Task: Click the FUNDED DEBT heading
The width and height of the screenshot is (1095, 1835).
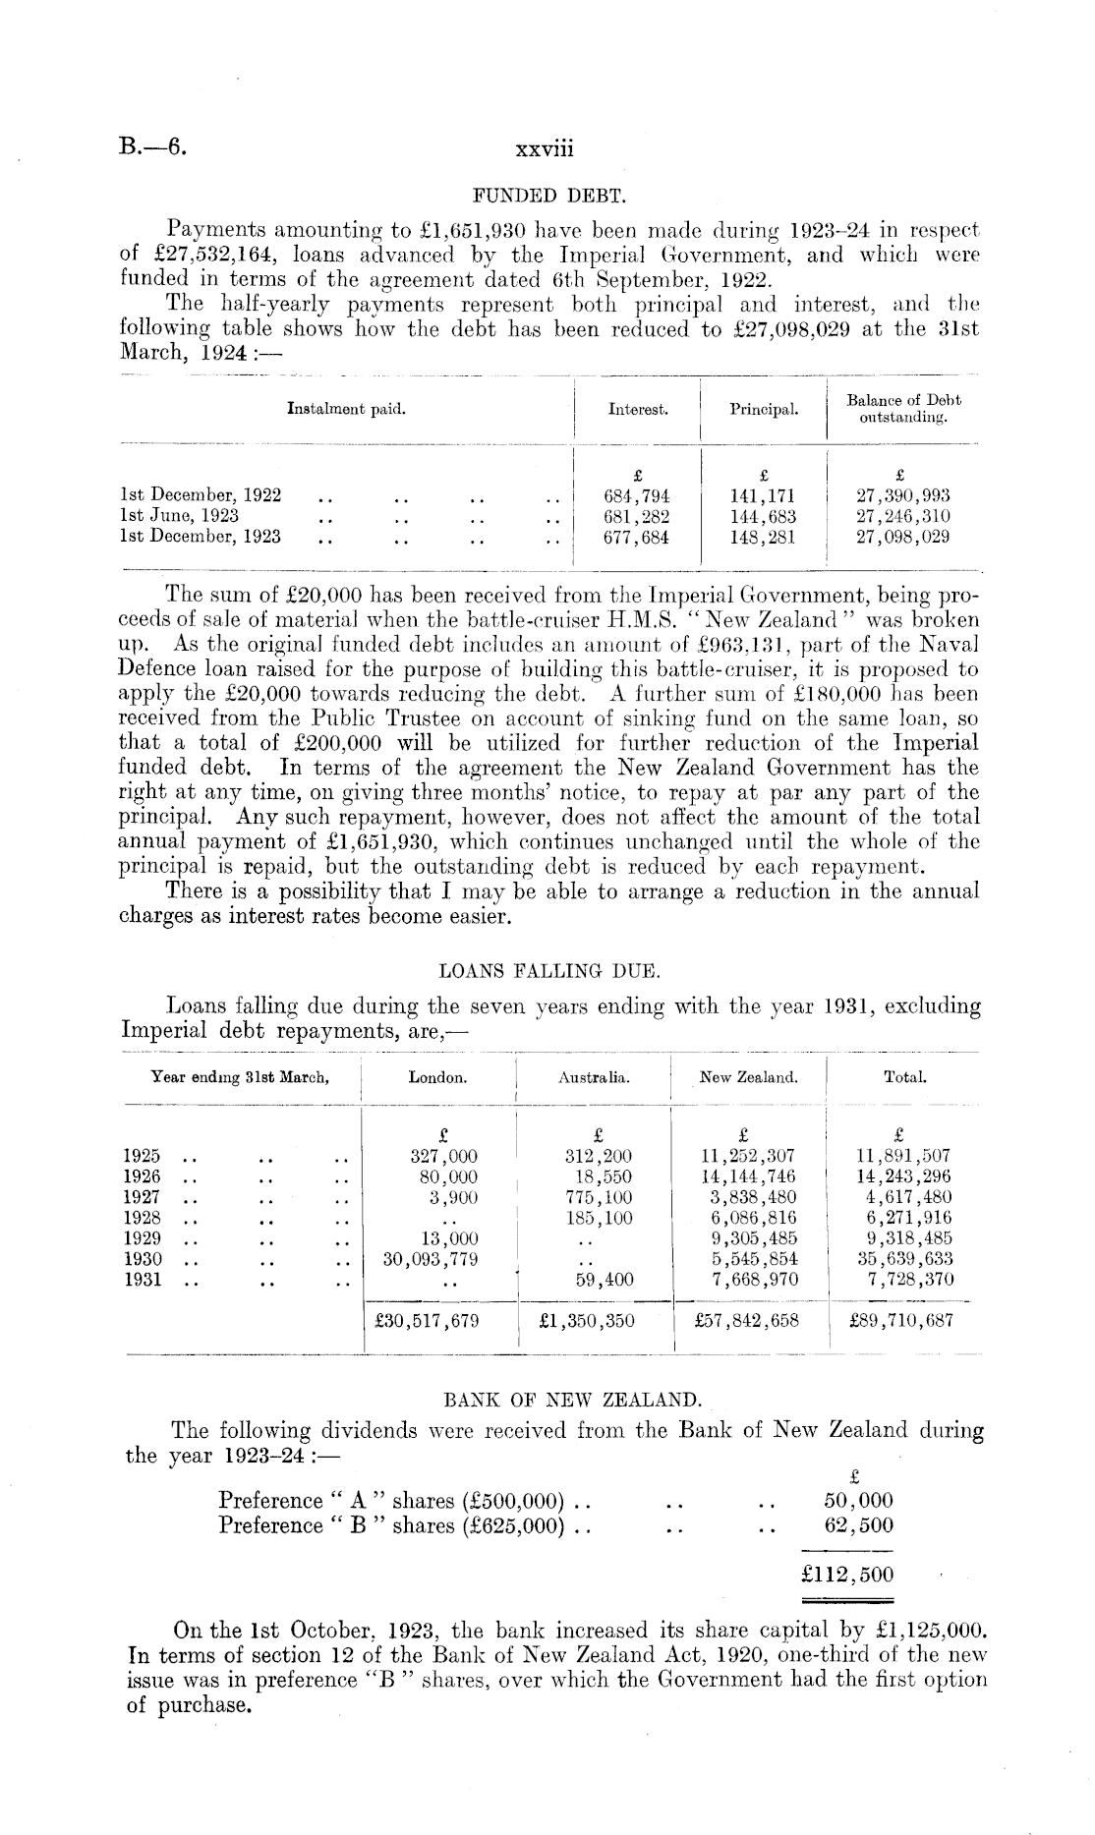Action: pyautogui.click(x=548, y=197)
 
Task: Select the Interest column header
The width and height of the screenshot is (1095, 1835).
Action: pyautogui.click(x=638, y=409)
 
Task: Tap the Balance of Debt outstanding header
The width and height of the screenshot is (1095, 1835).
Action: pyautogui.click(x=902, y=409)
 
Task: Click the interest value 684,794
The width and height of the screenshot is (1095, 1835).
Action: pyautogui.click(x=636, y=496)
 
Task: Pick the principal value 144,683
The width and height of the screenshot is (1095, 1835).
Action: pyautogui.click(x=763, y=516)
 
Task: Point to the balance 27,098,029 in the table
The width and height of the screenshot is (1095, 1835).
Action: pyautogui.click(x=902, y=537)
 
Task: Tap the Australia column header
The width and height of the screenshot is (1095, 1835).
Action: pyautogui.click(x=594, y=1078)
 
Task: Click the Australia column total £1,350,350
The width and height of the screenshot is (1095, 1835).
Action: pyautogui.click(x=587, y=1321)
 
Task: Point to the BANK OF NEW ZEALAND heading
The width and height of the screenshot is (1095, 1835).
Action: pyautogui.click(x=547, y=1400)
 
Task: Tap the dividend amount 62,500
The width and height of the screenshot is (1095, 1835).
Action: pyautogui.click(x=858, y=1525)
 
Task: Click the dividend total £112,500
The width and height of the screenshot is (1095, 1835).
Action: pyautogui.click(x=847, y=1574)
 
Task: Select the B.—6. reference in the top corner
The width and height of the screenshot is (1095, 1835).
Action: pyautogui.click(x=153, y=149)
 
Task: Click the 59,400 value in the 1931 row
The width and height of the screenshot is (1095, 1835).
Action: pyautogui.click(x=604, y=1280)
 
